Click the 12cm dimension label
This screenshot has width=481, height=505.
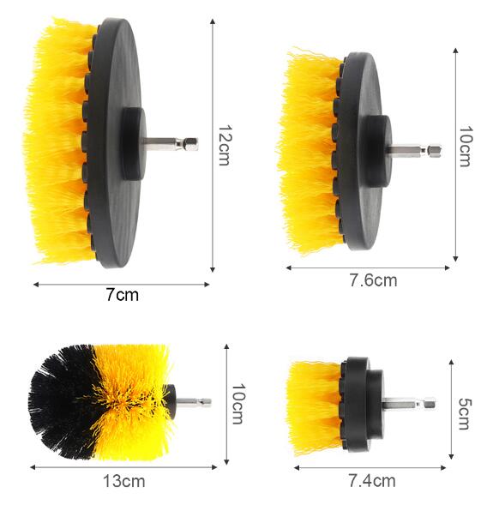224,145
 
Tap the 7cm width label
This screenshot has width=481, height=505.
123,295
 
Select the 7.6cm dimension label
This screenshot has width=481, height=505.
373,280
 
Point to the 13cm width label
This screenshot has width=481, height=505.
124,482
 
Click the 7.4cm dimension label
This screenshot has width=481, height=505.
372,481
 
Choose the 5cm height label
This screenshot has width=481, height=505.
464,414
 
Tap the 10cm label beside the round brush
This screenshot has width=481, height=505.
238,404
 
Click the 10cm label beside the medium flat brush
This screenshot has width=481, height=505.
466,147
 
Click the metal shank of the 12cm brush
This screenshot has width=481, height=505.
171,144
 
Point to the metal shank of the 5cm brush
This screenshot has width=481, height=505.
408,404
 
